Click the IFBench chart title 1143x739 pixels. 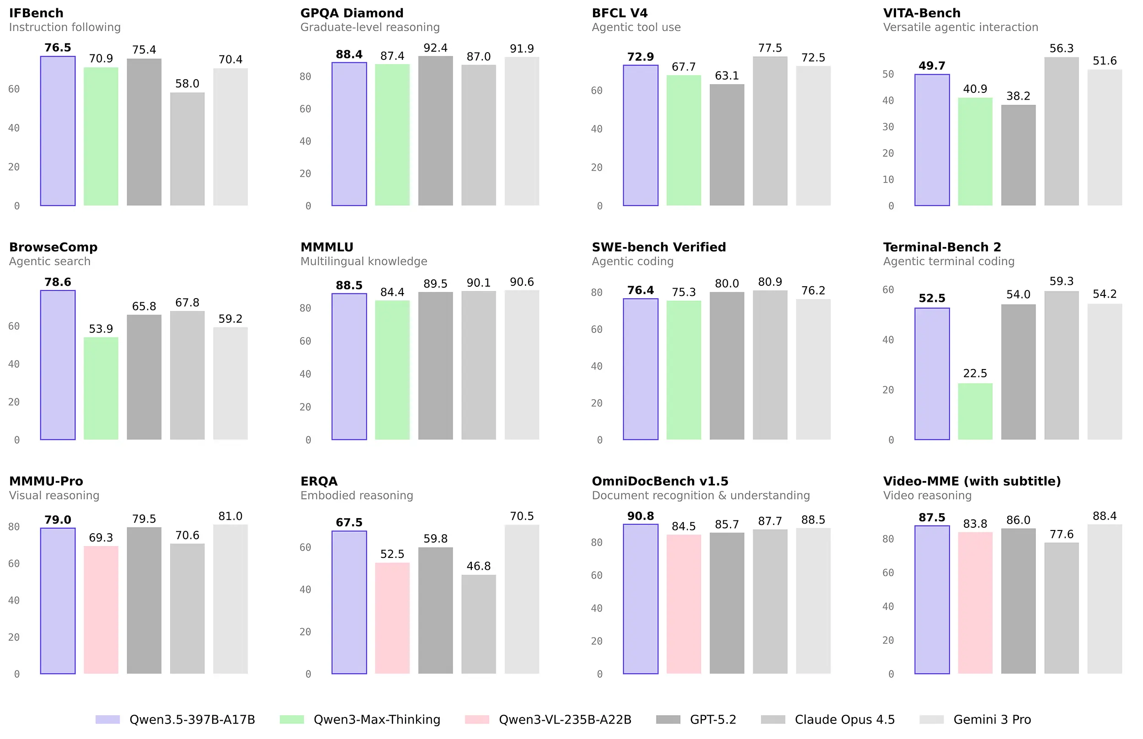pyautogui.click(x=36, y=13)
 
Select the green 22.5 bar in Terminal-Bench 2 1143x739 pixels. pyautogui.click(x=975, y=411)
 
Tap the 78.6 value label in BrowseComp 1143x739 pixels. pyautogui.click(x=58, y=282)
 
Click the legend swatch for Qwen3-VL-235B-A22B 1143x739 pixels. pyautogui.click(x=476, y=719)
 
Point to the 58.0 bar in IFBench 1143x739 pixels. pyautogui.click(x=187, y=149)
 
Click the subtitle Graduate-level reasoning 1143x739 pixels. pyautogui.click(x=369, y=27)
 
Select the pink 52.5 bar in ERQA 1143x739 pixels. pyautogui.click(x=392, y=618)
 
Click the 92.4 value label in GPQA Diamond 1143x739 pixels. pyautogui.click(x=435, y=48)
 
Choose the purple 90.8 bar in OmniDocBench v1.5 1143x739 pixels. pyautogui.click(x=641, y=599)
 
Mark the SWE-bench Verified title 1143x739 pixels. pyautogui.click(x=658, y=247)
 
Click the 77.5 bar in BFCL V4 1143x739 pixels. pyautogui.click(x=769, y=130)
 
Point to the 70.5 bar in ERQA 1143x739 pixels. pyautogui.click(x=521, y=599)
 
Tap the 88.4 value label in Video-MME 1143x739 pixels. pyautogui.click(x=1104, y=516)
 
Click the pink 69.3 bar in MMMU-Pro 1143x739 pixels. pyautogui.click(x=101, y=610)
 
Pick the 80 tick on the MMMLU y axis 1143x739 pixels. pyautogui.click(x=305, y=308)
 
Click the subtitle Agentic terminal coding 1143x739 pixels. pyautogui.click(x=948, y=262)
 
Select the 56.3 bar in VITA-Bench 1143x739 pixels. pyautogui.click(x=1061, y=130)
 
